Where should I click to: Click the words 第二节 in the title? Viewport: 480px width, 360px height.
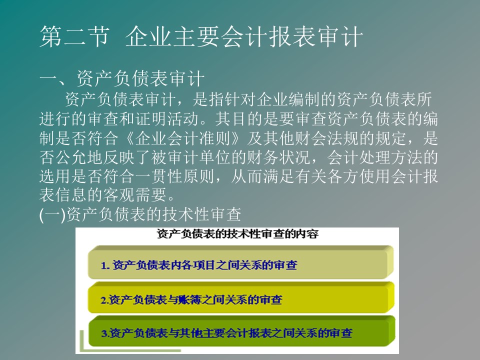(74, 36)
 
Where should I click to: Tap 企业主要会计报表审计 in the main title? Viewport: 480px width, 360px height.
(244, 36)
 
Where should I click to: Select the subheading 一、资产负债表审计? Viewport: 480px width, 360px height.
(122, 78)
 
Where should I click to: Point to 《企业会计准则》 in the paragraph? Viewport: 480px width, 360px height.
(183, 138)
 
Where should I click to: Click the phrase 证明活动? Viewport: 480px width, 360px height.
(167, 119)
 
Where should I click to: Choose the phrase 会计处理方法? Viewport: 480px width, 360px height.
(374, 157)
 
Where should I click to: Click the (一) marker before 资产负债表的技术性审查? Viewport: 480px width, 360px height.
(52, 214)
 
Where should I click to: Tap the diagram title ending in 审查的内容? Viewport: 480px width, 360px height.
(237, 234)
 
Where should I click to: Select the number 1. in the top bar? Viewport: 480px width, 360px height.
(105, 265)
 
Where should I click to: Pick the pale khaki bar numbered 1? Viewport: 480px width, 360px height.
(240, 262)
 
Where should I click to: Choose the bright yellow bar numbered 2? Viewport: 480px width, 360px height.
(241, 297)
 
